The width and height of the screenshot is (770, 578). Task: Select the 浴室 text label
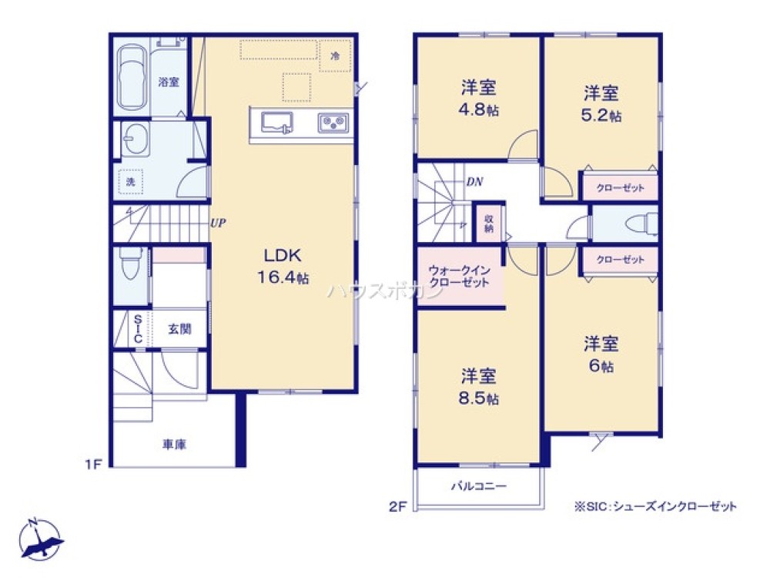click(169, 82)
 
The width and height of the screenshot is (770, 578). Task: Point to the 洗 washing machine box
click(131, 182)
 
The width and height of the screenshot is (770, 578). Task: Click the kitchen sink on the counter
click(276, 123)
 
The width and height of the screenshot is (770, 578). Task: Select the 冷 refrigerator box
click(335, 55)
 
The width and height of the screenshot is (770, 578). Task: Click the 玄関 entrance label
click(179, 329)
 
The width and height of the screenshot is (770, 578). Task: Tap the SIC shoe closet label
click(138, 329)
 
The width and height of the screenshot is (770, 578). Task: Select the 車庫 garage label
click(174, 444)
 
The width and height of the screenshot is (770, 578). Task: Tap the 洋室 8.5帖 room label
click(479, 387)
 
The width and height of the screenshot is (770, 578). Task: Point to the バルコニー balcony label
click(478, 486)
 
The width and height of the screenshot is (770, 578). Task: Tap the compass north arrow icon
click(40, 540)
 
